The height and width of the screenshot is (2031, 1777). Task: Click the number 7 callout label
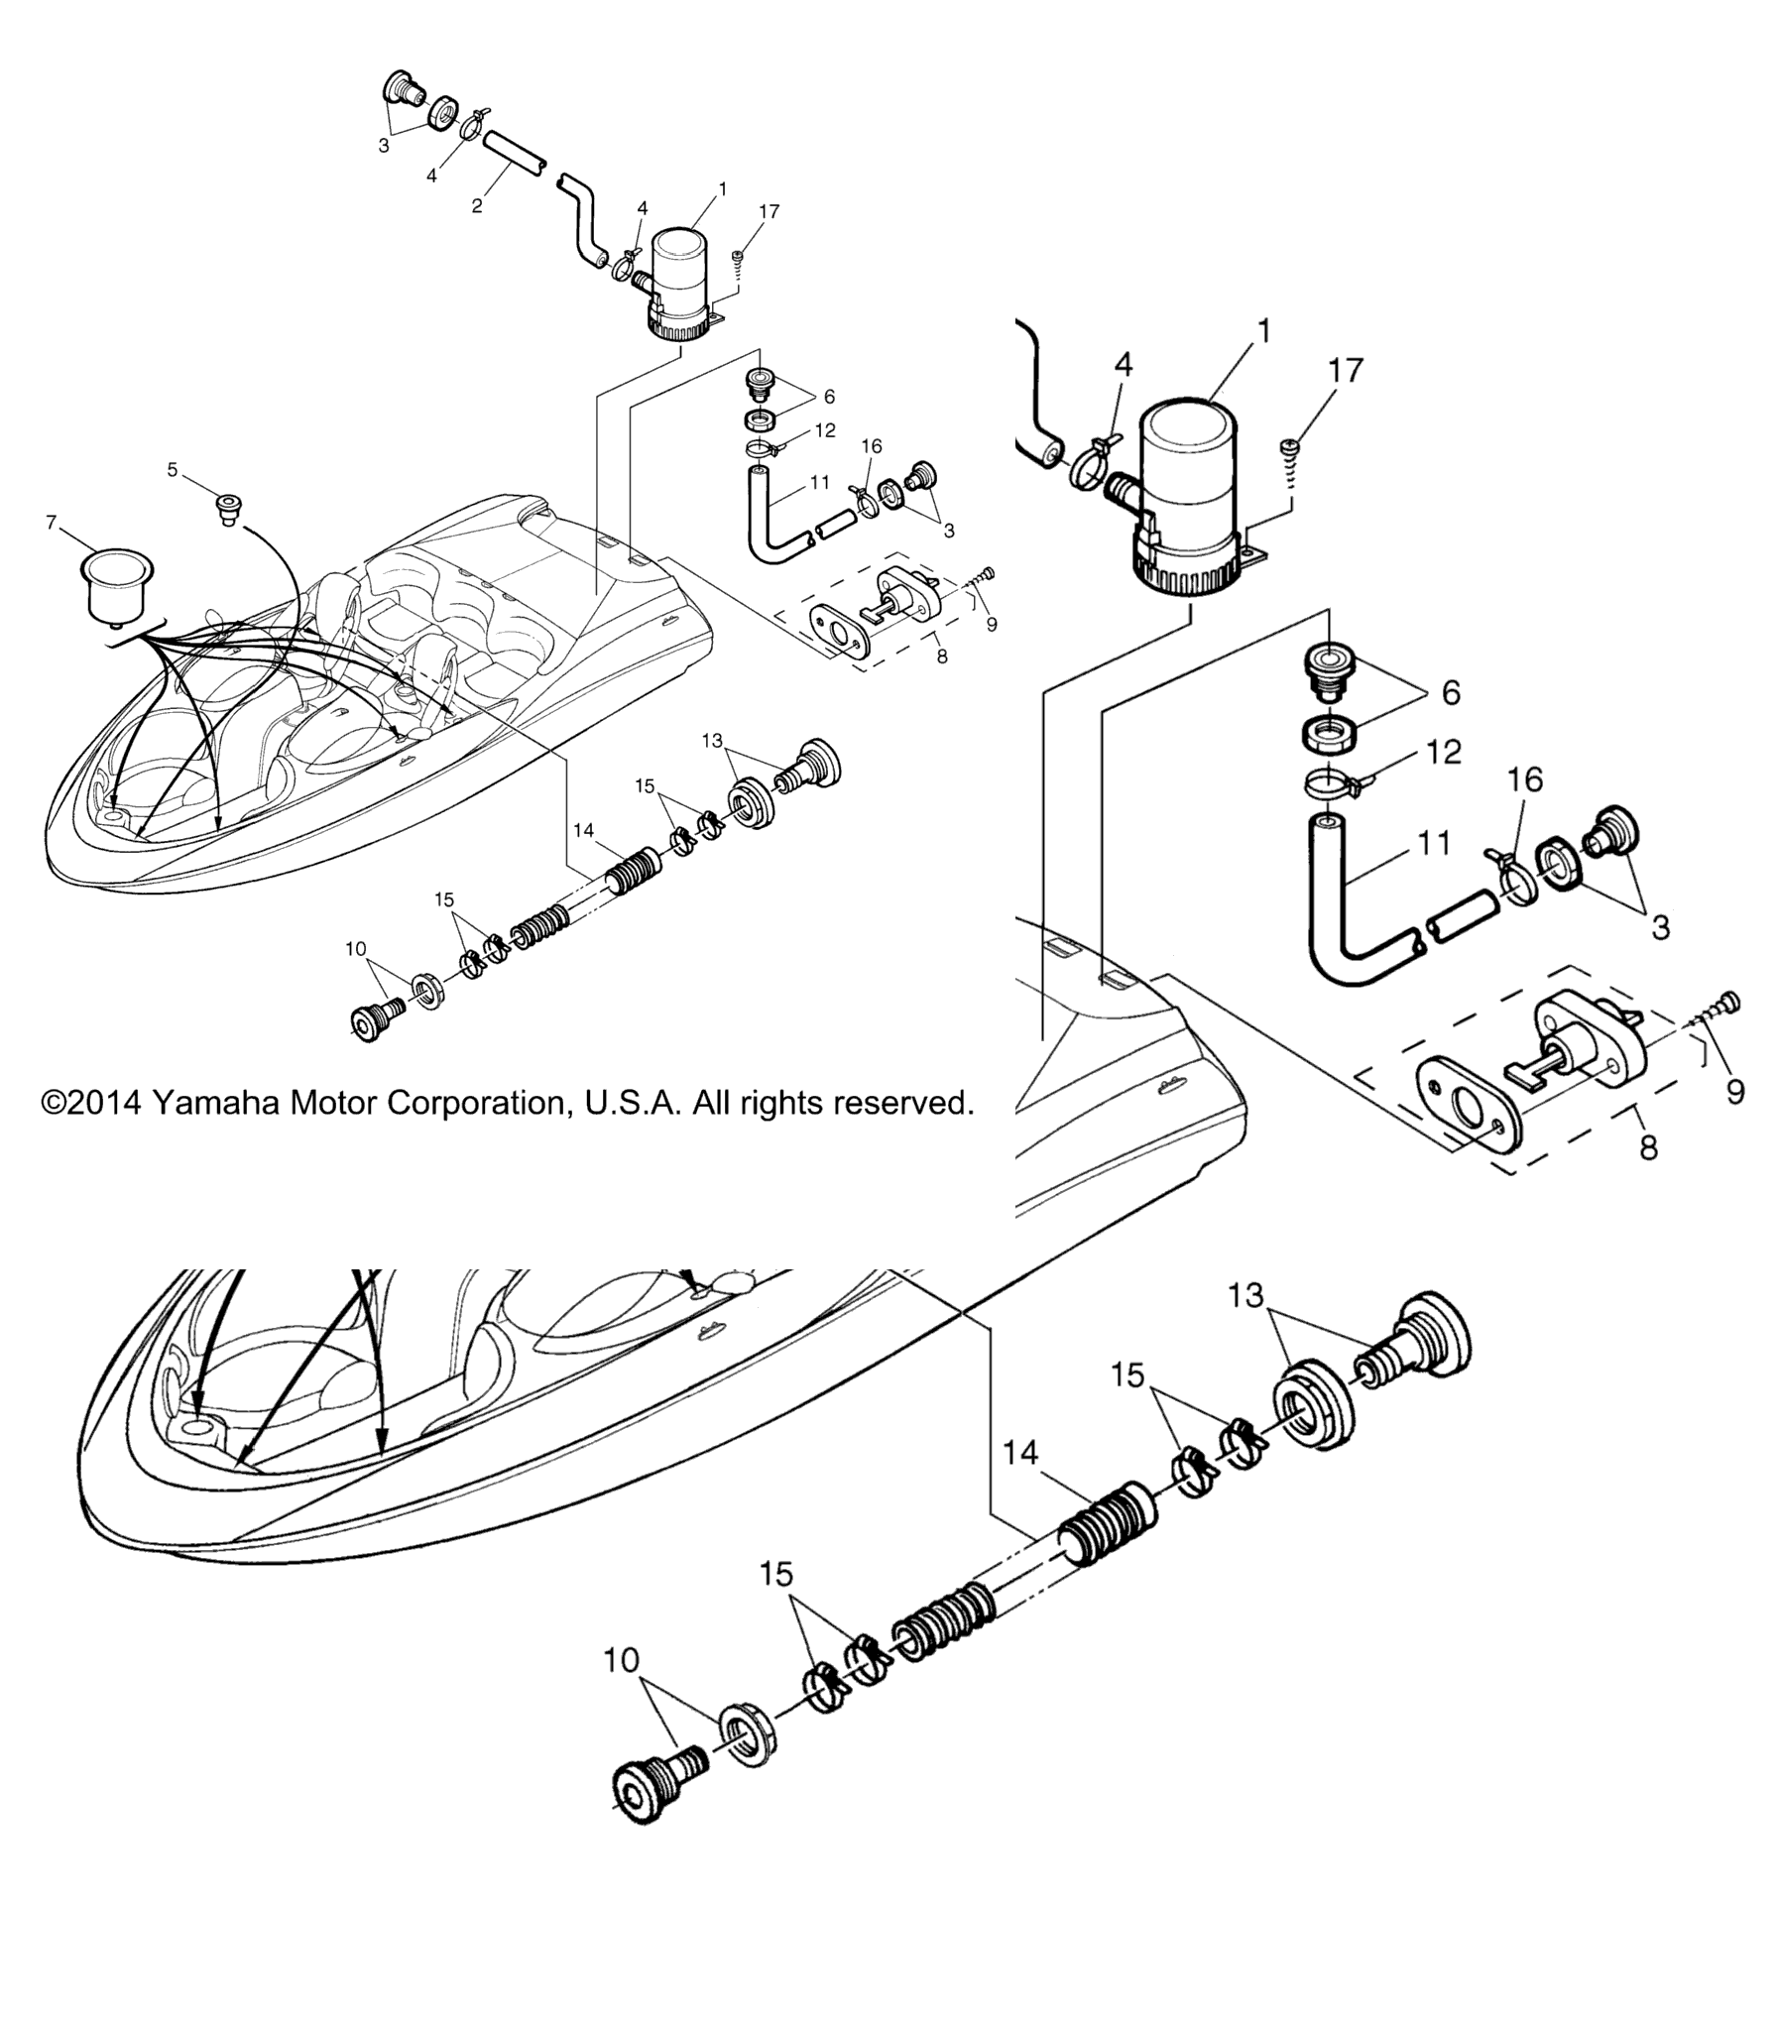52,522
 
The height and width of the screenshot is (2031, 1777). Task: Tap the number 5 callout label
173,469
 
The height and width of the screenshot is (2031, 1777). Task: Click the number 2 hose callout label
477,206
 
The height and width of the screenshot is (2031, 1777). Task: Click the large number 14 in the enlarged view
1020,1453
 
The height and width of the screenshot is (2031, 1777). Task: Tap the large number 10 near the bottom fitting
622,1660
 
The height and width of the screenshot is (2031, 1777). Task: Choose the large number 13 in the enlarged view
1246,1295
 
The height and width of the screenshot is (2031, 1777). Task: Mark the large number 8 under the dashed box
1648,1147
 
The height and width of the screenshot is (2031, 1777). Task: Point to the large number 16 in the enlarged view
1525,780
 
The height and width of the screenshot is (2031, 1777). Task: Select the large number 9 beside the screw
1735,1092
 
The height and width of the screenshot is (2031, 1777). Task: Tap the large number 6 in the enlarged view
1451,692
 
